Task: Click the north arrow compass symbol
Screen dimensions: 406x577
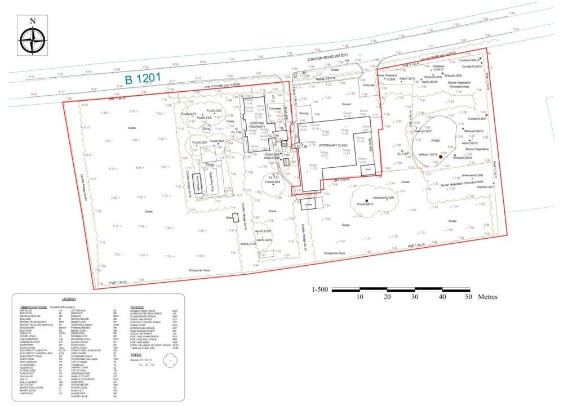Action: coord(32,36)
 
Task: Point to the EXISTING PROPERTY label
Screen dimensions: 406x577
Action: coord(256,124)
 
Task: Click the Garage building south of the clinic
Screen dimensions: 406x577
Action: coord(308,205)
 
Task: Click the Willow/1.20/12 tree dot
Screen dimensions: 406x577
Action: coord(442,156)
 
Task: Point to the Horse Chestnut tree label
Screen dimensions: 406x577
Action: coord(387,75)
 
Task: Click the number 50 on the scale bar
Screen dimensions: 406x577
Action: coord(468,296)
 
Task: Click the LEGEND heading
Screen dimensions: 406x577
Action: coord(72,298)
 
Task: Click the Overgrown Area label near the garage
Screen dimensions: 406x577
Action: coord(334,253)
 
